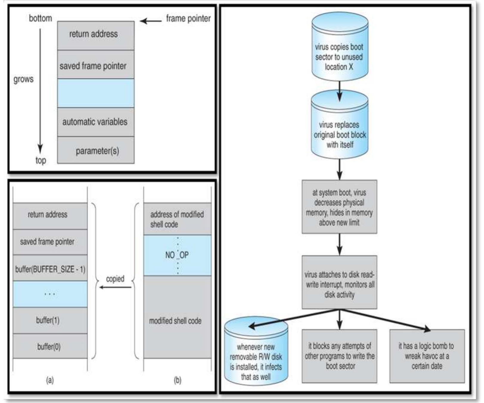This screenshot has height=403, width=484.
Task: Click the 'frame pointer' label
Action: pyautogui.click(x=188, y=19)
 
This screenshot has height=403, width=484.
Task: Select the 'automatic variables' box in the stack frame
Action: pyautogui.click(x=96, y=122)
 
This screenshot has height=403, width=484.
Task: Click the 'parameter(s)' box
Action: pyautogui.click(x=96, y=150)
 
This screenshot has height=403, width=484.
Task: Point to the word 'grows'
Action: pyautogui.click(x=23, y=79)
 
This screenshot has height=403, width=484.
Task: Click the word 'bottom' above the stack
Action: pyautogui.click(x=40, y=19)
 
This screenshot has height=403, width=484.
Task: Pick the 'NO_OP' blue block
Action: pyautogui.click(x=177, y=255)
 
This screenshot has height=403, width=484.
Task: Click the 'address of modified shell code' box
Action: pyautogui.click(x=177, y=219)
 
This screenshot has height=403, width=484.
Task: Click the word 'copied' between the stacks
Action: pyautogui.click(x=115, y=279)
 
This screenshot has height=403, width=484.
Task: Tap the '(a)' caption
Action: pyautogui.click(x=50, y=380)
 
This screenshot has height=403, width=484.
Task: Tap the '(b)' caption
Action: pyautogui.click(x=177, y=380)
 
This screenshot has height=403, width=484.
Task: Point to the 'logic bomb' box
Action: pyautogui.click(x=427, y=356)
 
